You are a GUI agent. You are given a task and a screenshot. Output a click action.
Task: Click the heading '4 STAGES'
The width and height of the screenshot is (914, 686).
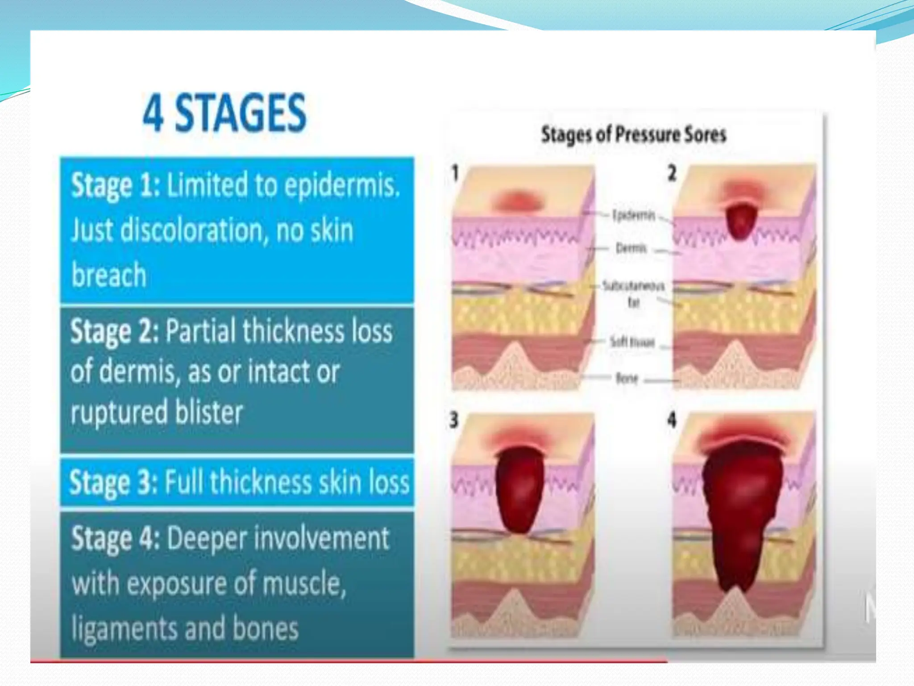(224, 113)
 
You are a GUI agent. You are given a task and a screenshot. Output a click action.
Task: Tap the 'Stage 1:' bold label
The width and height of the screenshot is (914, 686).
(115, 185)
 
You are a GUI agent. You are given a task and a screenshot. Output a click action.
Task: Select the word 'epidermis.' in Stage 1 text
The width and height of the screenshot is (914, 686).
(342, 185)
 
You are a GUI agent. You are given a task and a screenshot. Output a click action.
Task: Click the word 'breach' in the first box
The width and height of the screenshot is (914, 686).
(109, 275)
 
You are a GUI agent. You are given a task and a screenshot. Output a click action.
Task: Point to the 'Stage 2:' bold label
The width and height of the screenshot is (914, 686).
(114, 332)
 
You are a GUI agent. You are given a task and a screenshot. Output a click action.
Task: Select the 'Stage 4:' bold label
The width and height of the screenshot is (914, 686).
(115, 539)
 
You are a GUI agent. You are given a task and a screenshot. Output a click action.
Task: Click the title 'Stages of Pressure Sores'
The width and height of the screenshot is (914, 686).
(633, 134)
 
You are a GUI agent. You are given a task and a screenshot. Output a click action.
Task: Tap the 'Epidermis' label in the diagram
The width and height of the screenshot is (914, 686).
(633, 215)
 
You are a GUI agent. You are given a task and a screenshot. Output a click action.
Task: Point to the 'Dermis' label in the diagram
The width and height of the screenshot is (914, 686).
(631, 248)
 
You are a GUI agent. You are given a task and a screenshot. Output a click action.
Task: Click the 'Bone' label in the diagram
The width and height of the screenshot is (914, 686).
(627, 379)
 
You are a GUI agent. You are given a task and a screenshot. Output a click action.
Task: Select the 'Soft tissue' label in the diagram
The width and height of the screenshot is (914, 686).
(632, 343)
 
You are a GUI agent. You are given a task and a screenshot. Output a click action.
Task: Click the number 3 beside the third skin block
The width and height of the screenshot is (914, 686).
(454, 420)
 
